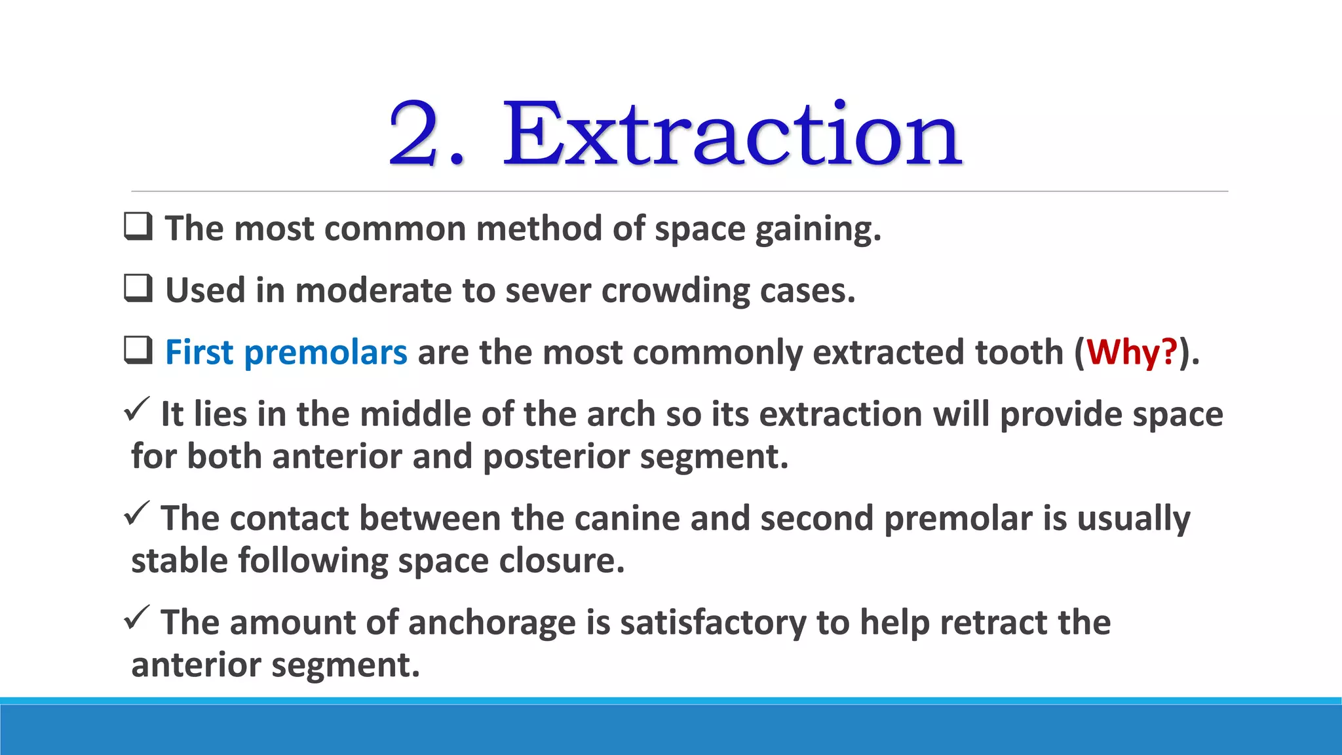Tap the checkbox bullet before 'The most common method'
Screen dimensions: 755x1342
click(138, 227)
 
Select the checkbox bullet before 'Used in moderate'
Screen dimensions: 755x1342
click(138, 288)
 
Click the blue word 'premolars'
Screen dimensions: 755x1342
click(326, 353)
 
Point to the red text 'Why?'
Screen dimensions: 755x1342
click(1132, 352)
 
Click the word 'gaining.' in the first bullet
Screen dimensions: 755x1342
click(818, 230)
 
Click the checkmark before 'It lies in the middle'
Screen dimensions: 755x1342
click(136, 410)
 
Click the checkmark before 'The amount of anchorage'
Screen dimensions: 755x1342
click(136, 617)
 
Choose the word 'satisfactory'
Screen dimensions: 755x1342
click(713, 623)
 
